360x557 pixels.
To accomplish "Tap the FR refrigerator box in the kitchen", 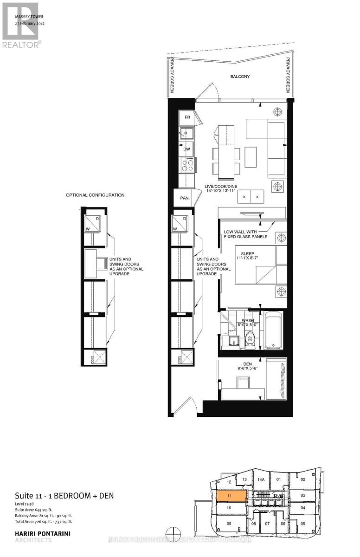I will (187, 117).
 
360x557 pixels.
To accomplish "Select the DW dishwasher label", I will (187, 149).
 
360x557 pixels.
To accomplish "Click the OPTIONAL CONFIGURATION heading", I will (95, 195).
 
